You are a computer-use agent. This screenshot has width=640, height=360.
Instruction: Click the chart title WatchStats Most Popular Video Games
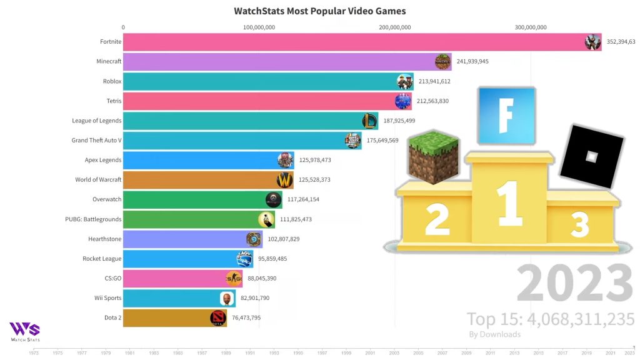click(x=319, y=11)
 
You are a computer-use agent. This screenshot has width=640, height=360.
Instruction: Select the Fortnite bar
click(x=350, y=42)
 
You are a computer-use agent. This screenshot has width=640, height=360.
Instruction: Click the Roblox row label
click(x=112, y=81)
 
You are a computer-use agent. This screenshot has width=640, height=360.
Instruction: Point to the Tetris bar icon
click(x=403, y=101)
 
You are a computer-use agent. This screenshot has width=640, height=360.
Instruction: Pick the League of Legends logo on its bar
click(x=370, y=121)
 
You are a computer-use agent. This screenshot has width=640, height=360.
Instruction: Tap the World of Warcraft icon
click(x=285, y=180)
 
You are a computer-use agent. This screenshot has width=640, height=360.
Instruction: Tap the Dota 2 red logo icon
click(x=218, y=318)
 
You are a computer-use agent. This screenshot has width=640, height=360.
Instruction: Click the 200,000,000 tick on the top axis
click(x=394, y=27)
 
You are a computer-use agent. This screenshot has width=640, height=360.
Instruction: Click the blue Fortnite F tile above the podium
click(x=506, y=116)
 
